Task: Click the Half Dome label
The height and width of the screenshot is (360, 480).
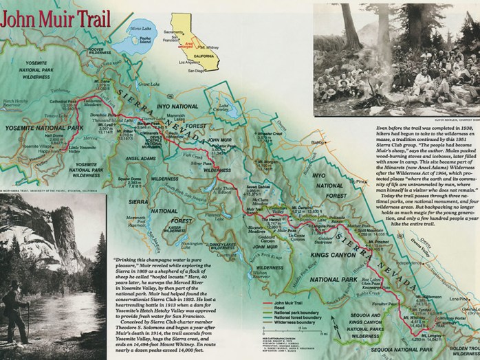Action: (36, 136)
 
